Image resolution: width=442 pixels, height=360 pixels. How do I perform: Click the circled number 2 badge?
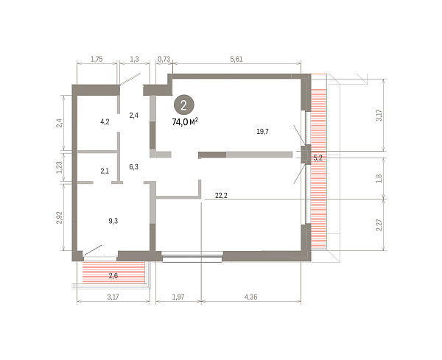(183, 105)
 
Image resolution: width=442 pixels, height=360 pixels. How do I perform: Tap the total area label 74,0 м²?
(185, 121)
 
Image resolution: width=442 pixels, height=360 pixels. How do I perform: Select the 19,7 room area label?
(262, 131)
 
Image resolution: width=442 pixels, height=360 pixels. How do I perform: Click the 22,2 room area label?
(221, 195)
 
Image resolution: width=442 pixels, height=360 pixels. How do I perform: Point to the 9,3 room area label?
(113, 221)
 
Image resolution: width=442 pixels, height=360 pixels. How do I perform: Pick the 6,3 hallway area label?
(133, 167)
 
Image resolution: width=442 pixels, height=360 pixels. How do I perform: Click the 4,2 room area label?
(105, 121)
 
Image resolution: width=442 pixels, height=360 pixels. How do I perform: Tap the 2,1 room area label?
(105, 171)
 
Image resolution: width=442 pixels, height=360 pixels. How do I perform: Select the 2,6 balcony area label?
(113, 275)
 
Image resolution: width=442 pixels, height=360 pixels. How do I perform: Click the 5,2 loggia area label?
(318, 158)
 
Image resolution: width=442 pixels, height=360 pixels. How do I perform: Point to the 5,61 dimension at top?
(236, 59)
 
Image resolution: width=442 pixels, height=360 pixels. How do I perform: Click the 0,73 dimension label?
(164, 59)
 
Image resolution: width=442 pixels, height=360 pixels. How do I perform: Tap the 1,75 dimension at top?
(97, 59)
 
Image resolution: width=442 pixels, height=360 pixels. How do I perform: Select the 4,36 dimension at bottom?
(250, 297)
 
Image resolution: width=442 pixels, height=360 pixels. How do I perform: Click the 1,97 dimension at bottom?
(178, 297)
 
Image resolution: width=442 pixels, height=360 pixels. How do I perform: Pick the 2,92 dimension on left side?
(59, 218)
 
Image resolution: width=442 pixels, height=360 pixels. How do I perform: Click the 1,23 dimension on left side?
(59, 168)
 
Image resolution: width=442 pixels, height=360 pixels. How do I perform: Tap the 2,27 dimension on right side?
(379, 225)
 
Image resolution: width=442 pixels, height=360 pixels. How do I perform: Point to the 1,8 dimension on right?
(379, 178)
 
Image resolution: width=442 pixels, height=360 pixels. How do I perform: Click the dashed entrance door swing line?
(130, 80)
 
